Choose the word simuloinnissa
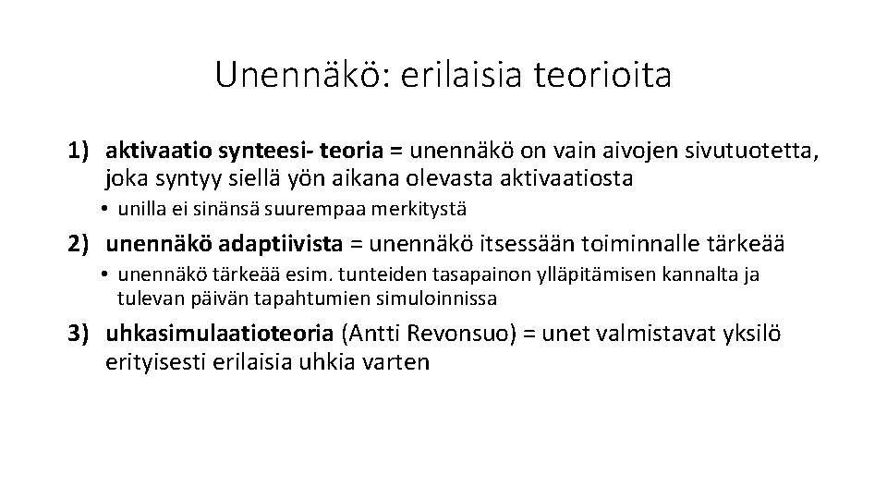(440, 298)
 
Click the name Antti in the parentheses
(374, 335)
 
